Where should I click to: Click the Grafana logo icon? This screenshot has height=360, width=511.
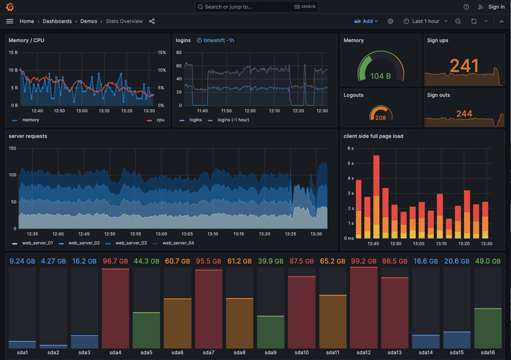(9, 7)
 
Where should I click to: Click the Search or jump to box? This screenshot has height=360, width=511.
(255, 7)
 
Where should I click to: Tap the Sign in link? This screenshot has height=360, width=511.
(496, 7)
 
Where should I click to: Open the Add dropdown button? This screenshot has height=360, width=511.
(366, 21)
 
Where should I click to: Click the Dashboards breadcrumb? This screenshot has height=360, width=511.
(57, 21)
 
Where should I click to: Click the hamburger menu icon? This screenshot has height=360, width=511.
(9, 21)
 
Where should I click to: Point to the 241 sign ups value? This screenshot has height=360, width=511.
(464, 66)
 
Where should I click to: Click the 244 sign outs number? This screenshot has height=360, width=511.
(464, 114)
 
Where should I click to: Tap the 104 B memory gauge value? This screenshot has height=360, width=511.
(381, 77)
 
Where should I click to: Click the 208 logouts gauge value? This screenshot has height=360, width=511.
(381, 117)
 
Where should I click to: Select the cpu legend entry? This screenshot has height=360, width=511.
(160, 120)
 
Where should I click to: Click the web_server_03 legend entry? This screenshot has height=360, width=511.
(130, 243)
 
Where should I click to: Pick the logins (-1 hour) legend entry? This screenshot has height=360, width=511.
(233, 120)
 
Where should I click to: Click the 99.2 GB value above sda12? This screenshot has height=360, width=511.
(363, 261)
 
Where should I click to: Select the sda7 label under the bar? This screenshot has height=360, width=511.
(209, 353)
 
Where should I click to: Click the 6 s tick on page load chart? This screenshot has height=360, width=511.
(350, 149)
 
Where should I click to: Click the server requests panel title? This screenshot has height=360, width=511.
(28, 136)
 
